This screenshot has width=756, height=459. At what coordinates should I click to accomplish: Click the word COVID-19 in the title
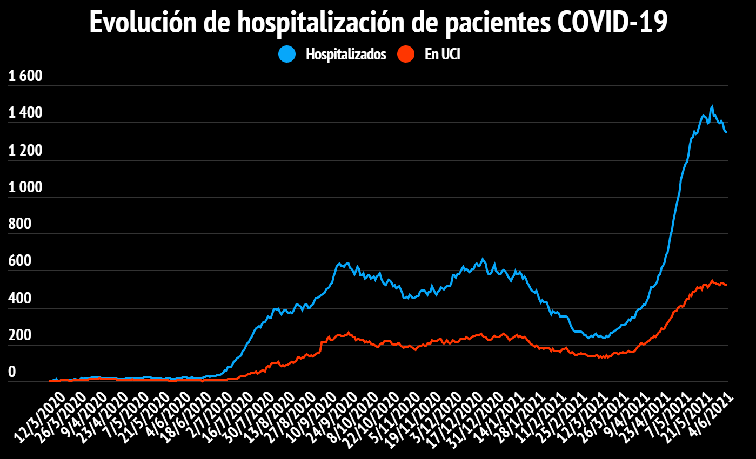(612, 23)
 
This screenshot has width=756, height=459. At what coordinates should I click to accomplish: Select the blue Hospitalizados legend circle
(287, 54)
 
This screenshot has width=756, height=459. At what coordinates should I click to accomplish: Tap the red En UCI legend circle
(405, 54)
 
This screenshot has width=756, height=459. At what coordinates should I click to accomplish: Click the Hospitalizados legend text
(346, 55)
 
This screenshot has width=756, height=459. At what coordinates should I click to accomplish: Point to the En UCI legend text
(442, 55)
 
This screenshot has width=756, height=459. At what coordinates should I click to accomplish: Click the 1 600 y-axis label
(25, 77)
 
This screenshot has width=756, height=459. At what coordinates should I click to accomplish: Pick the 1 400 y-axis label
(25, 113)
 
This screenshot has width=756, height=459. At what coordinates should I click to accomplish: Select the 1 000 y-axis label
(25, 187)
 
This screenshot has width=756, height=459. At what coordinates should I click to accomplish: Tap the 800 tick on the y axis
(21, 224)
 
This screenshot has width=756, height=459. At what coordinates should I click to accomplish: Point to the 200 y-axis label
(21, 335)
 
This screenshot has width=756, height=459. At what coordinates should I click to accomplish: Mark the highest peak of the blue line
(712, 106)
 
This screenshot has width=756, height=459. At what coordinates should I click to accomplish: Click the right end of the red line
(726, 285)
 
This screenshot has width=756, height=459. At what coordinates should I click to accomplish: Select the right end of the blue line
(726, 132)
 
